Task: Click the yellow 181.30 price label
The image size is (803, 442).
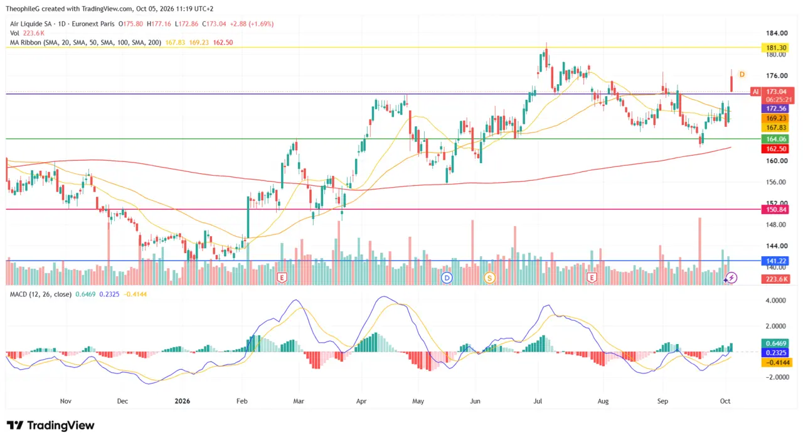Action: [x=775, y=48]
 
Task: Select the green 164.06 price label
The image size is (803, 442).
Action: [x=775, y=139]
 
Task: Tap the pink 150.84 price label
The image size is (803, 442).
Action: [x=775, y=210]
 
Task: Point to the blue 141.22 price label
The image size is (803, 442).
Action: [x=775, y=261]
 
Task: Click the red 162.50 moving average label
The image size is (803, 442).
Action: [x=775, y=149]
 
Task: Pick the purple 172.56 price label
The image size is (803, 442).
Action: [x=775, y=109]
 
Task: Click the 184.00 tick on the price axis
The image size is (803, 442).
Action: [x=777, y=33]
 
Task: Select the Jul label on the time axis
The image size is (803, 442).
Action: [x=538, y=401]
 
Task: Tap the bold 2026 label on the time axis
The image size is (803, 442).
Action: [x=182, y=401]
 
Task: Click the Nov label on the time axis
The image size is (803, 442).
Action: [x=66, y=401]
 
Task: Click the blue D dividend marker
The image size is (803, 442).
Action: [x=447, y=278]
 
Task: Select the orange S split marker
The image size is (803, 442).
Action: [x=490, y=278]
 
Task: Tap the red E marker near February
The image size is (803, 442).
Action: [x=282, y=278]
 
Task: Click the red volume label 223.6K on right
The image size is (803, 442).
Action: [x=775, y=279]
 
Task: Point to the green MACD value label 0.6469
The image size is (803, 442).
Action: [x=775, y=343]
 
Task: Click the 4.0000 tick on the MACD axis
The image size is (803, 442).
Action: [x=775, y=300]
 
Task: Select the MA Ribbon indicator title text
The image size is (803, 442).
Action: [x=85, y=42]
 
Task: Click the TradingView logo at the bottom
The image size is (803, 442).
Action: [x=51, y=426]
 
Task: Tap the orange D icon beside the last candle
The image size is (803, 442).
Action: [x=742, y=74]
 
